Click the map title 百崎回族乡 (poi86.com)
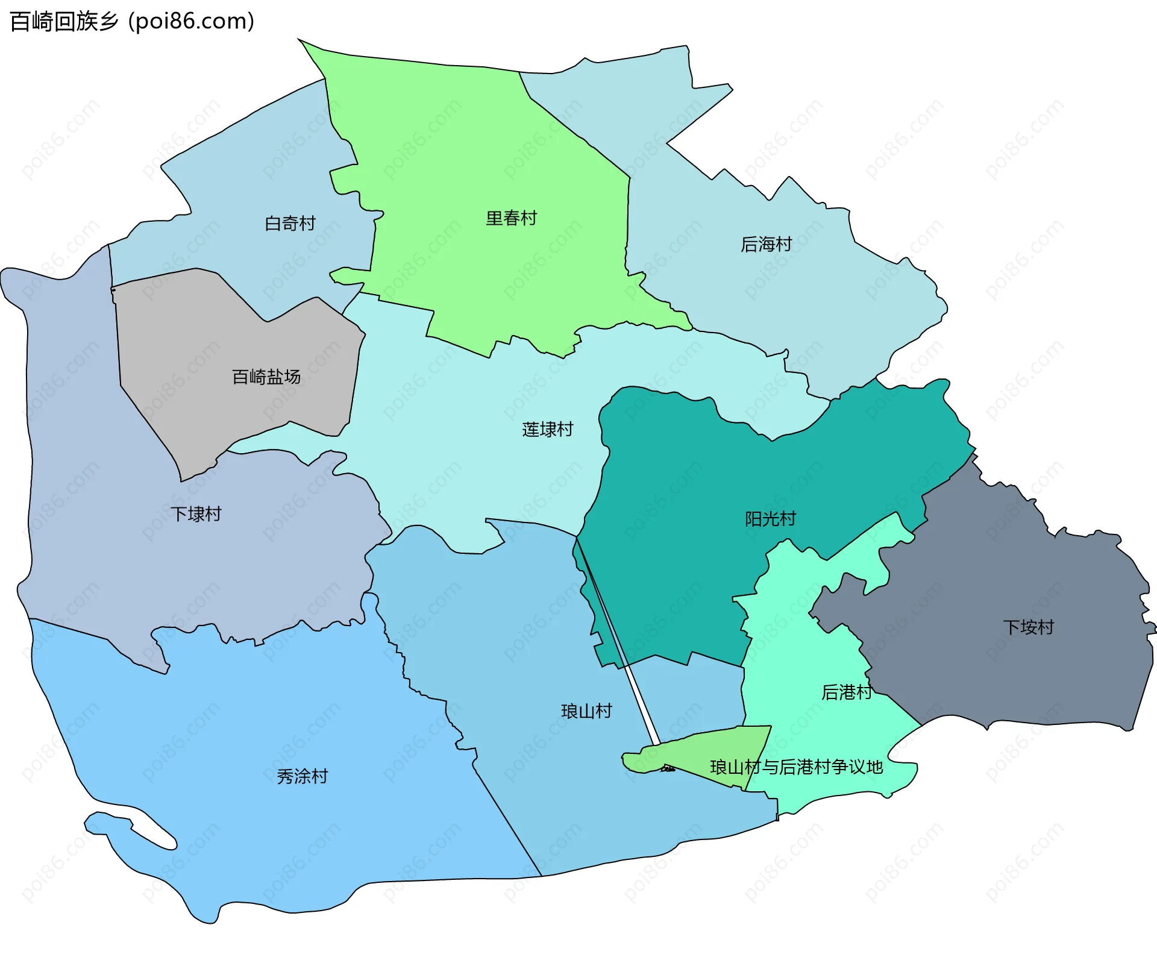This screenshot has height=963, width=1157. (x=132, y=22)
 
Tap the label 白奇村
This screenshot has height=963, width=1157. (x=290, y=224)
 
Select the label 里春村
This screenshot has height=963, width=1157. (x=511, y=218)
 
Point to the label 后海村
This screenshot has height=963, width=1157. (x=766, y=245)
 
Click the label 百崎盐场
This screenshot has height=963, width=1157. (x=266, y=377)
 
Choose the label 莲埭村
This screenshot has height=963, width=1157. (x=547, y=430)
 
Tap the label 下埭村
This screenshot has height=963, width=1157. (x=196, y=514)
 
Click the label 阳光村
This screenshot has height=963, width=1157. (x=770, y=519)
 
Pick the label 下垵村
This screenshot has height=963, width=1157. (x=1028, y=627)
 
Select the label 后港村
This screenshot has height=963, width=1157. (x=846, y=692)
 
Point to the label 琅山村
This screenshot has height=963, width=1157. (x=586, y=712)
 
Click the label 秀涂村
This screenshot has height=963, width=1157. (x=302, y=776)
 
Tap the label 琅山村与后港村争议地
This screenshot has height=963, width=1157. (x=796, y=767)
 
